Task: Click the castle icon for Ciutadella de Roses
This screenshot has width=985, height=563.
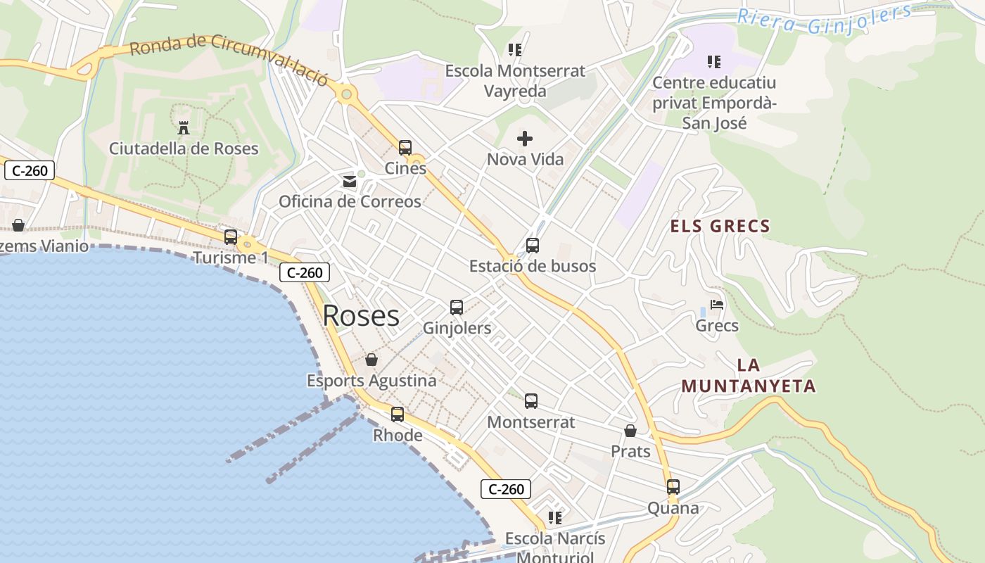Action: (184, 127)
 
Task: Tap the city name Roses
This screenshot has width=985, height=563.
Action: (361, 316)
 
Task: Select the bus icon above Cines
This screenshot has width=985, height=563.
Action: (405, 148)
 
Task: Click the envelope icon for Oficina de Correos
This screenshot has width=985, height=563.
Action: (350, 182)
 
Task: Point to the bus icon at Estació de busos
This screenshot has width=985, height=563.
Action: (533, 246)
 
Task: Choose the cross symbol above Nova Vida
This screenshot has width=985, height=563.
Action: (525, 139)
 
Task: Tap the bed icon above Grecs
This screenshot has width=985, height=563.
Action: (717, 305)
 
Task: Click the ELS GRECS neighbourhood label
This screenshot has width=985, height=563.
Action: (720, 226)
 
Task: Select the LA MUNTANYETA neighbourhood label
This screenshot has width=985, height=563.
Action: (749, 376)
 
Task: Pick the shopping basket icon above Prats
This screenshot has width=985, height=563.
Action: (630, 431)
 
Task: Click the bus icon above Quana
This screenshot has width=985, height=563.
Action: (673, 487)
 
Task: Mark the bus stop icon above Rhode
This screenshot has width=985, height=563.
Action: (398, 415)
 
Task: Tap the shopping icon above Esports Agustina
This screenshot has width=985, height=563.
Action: (371, 360)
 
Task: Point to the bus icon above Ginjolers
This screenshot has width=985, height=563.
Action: (457, 308)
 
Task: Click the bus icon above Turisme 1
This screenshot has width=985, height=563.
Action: (231, 237)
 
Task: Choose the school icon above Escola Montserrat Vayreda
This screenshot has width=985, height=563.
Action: (515, 50)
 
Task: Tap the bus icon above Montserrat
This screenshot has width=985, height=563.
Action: (531, 401)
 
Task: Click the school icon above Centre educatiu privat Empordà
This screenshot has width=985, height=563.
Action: (714, 62)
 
